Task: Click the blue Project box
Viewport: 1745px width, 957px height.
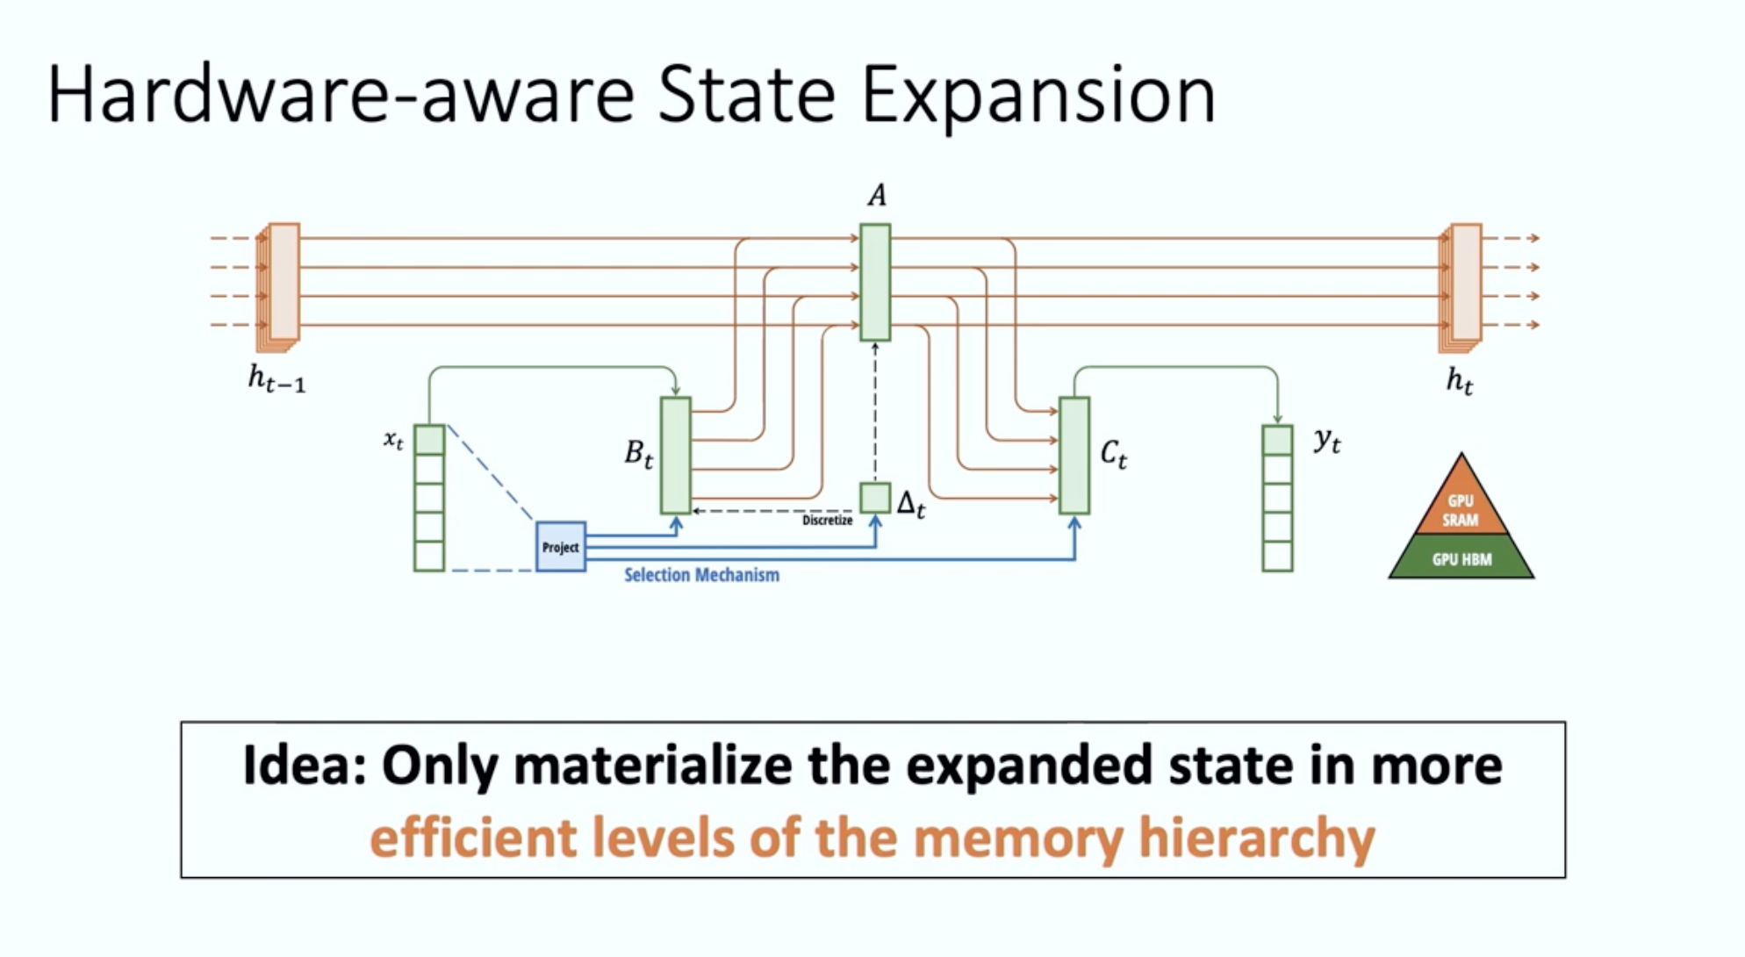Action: tap(560, 546)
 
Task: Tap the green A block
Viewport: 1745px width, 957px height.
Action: tap(874, 282)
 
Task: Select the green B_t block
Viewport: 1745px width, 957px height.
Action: tap(675, 455)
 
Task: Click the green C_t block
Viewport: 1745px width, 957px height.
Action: tap(1074, 455)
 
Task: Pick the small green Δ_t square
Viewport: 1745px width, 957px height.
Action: tap(874, 498)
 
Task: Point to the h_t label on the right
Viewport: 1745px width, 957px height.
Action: tap(1459, 380)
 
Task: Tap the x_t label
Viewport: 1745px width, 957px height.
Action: tap(393, 438)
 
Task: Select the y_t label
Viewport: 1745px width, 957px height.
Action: tap(1326, 440)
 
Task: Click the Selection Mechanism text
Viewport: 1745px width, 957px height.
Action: tap(701, 575)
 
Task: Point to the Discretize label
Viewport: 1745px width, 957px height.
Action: tap(827, 521)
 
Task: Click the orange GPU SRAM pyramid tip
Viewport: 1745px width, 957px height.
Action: tap(1461, 505)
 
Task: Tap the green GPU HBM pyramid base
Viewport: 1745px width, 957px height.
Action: tap(1461, 558)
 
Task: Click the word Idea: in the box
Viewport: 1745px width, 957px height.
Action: tap(304, 765)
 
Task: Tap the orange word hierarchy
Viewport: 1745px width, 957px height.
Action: tap(1256, 838)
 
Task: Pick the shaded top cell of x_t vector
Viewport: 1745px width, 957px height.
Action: tap(429, 440)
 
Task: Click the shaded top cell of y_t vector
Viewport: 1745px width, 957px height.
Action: tap(1277, 440)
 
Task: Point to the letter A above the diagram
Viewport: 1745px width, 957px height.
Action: tap(876, 196)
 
